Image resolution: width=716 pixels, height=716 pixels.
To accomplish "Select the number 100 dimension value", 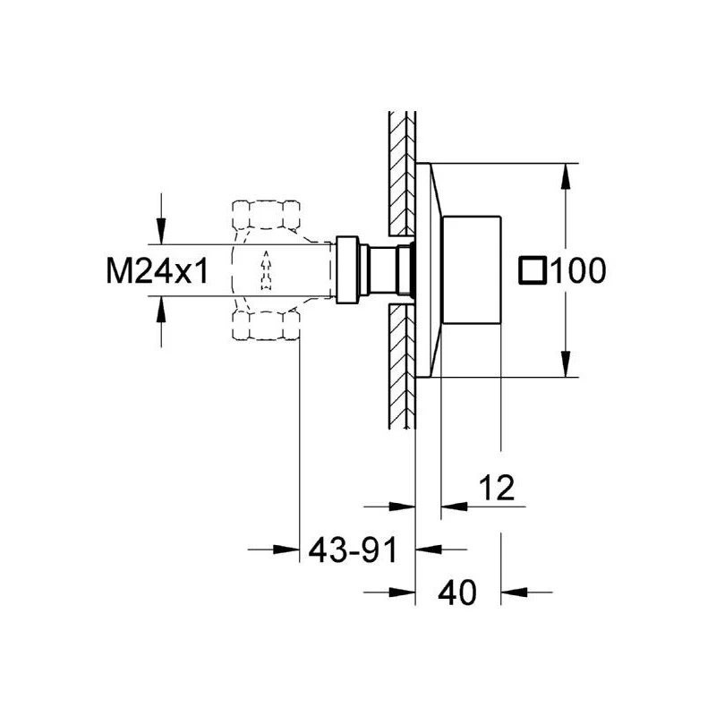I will [x=576, y=270].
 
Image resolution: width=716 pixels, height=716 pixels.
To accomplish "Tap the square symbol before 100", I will [x=534, y=270].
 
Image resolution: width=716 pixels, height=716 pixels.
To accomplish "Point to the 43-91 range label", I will [x=351, y=549].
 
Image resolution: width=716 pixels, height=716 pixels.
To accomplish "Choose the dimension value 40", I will [x=457, y=591].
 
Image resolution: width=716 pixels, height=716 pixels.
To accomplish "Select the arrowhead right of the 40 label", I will [x=514, y=591].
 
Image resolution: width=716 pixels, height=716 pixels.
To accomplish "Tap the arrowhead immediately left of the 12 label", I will [x=453, y=506].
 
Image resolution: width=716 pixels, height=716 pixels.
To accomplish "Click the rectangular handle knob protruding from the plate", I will [x=472, y=270].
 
